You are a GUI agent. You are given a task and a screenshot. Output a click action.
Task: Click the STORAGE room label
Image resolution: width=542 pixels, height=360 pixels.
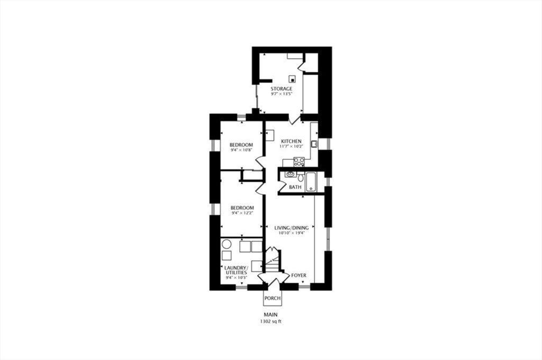[281, 88]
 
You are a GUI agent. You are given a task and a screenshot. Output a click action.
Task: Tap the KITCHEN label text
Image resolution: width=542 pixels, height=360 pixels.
[291, 140]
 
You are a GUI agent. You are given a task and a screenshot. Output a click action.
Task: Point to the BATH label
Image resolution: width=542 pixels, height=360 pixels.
[295, 187]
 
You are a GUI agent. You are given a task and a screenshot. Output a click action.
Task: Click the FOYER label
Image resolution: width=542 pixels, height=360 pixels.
[299, 275]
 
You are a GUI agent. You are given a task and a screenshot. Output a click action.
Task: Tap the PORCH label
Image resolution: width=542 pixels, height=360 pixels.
[272, 298]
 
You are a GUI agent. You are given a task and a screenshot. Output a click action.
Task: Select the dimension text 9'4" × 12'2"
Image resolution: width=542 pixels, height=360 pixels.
[242, 213]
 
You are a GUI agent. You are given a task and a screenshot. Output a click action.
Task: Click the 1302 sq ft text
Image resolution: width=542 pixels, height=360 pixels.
[270, 321]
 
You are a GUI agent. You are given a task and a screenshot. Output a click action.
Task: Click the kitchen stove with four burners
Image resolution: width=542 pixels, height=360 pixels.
[299, 161]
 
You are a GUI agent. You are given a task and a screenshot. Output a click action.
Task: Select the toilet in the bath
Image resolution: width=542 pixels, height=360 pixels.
[300, 177]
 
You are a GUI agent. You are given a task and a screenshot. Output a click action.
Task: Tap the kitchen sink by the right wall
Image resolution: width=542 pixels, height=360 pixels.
[314, 143]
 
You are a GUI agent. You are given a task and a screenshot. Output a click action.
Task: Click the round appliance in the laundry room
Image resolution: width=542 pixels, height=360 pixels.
[226, 244]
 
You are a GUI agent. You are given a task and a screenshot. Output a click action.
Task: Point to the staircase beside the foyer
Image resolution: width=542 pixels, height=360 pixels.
[272, 260]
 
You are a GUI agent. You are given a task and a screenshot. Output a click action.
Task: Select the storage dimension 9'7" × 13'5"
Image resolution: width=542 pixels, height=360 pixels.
[281, 94]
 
